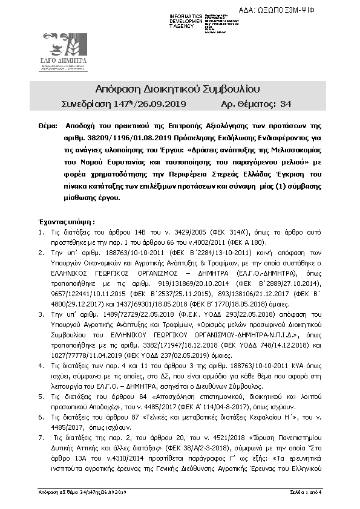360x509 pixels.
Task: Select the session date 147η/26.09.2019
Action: (143, 104)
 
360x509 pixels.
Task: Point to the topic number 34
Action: (287, 104)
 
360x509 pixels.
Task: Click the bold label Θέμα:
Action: (48, 129)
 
